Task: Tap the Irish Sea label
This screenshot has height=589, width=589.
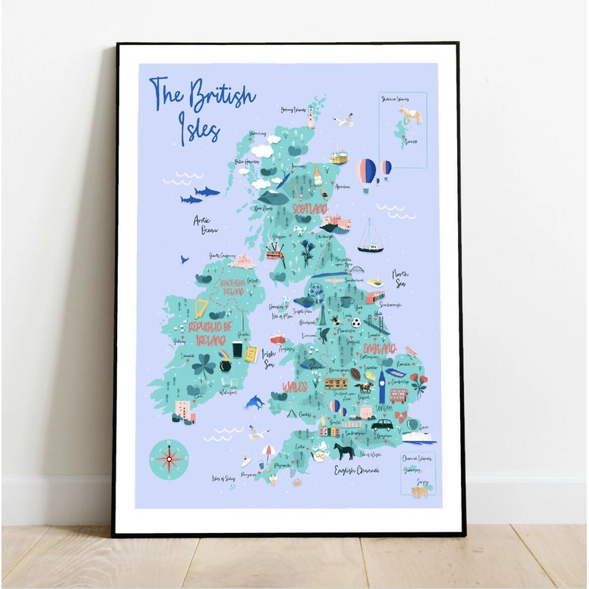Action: (269, 357)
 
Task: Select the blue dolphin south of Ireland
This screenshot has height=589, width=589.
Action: (255, 402)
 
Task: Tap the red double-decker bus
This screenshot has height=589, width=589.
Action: (398, 395)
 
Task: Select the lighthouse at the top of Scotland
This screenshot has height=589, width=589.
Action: (311, 116)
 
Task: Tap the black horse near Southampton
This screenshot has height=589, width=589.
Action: (344, 451)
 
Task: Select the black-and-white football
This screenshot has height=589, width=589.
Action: (356, 322)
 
